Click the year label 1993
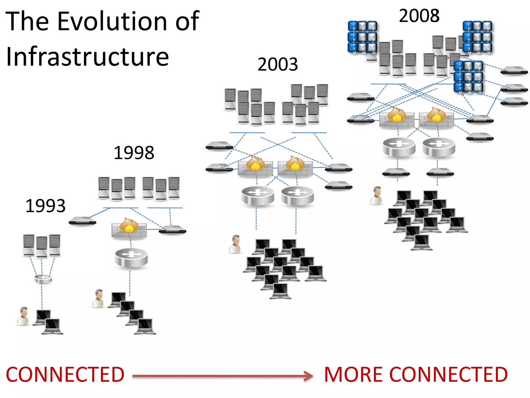click(46, 206)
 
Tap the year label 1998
click(134, 153)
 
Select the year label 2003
click(278, 64)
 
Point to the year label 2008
click(419, 16)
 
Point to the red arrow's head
click(308, 376)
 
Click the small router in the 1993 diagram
click(43, 279)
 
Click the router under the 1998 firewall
click(131, 258)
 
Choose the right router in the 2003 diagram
click(297, 196)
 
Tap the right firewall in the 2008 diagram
click(436, 117)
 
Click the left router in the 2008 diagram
click(399, 147)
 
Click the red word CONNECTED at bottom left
click(65, 375)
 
